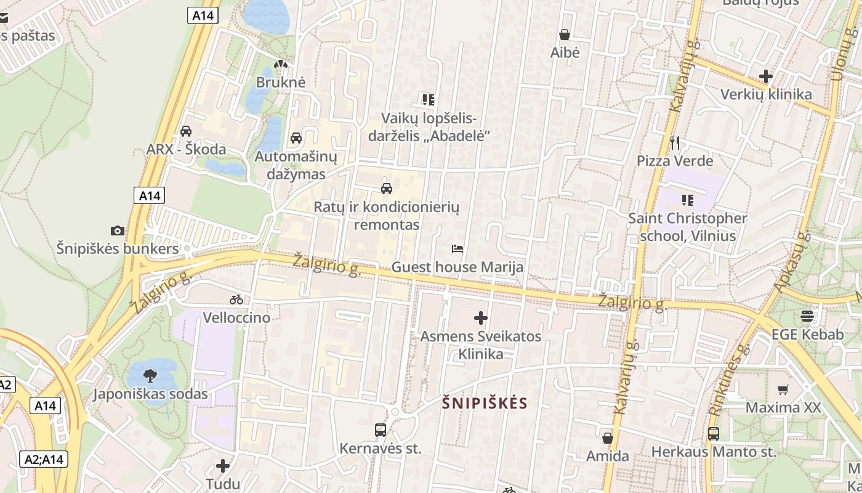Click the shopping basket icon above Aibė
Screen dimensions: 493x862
pyautogui.click(x=564, y=35)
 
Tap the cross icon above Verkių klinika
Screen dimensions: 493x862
pyautogui.click(x=766, y=76)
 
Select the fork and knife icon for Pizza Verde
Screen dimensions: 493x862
pyautogui.click(x=675, y=143)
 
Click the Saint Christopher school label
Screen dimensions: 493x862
pyautogui.click(x=688, y=227)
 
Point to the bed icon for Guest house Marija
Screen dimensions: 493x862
pyautogui.click(x=457, y=249)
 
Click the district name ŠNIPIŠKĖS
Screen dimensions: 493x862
pyautogui.click(x=485, y=403)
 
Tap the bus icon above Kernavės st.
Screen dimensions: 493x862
pyautogui.click(x=381, y=430)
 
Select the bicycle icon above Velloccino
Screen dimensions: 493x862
pyautogui.click(x=236, y=300)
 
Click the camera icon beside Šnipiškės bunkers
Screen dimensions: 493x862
pyautogui.click(x=117, y=231)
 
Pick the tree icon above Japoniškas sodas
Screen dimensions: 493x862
pyautogui.click(x=150, y=375)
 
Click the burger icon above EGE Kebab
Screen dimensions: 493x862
pyautogui.click(x=807, y=316)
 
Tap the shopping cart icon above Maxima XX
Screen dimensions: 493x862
pyautogui.click(x=783, y=389)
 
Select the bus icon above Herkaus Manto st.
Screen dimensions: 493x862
pyautogui.click(x=713, y=434)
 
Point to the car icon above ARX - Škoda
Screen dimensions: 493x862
pyautogui.click(x=185, y=131)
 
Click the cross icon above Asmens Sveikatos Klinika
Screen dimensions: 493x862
pyautogui.click(x=481, y=318)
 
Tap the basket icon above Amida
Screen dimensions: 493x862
pyautogui.click(x=608, y=438)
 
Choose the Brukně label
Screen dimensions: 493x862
pyautogui.click(x=281, y=82)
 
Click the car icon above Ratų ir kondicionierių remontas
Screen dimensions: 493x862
pyautogui.click(x=387, y=188)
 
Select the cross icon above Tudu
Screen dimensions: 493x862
pyautogui.click(x=223, y=466)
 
